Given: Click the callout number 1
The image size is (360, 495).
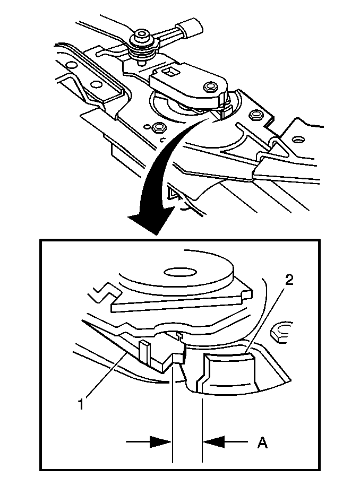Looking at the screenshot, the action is pyautogui.click(x=82, y=404).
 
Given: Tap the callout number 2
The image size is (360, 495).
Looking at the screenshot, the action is pyautogui.click(x=289, y=280).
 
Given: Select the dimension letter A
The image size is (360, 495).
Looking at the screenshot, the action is pyautogui.click(x=262, y=442).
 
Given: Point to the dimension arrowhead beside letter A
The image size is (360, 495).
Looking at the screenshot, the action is pyautogui.click(x=215, y=441).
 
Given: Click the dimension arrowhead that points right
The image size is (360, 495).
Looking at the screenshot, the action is pyautogui.click(x=160, y=441).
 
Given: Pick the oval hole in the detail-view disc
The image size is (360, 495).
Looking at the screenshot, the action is pyautogui.click(x=179, y=272).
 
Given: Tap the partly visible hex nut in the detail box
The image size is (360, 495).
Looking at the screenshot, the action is pyautogui.click(x=282, y=332).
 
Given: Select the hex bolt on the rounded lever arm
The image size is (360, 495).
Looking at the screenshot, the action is pyautogui.click(x=209, y=86).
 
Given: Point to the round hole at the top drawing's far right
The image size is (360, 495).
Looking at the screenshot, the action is pyautogui.click(x=297, y=139).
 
